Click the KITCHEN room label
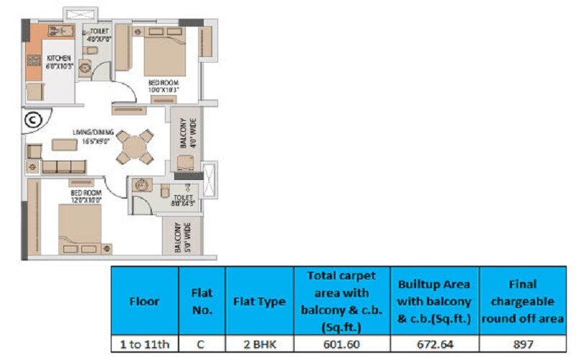point(59,61)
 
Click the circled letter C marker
point(33,120)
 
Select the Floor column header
point(144,301)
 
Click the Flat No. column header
point(202,301)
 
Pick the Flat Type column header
point(259,301)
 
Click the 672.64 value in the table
point(434,344)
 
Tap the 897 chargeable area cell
point(523,344)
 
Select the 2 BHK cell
point(259,344)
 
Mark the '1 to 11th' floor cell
point(144,344)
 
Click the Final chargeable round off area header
point(523,301)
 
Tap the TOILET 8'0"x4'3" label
point(184,200)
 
